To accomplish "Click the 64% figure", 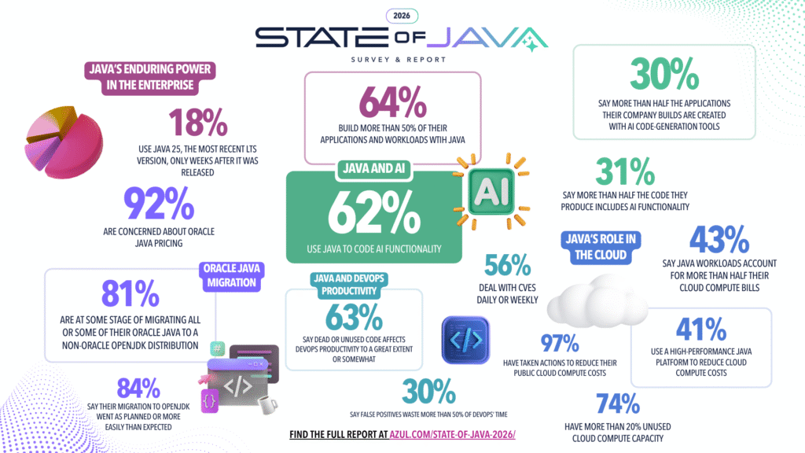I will [x=392, y=101].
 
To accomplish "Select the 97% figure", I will [x=559, y=344].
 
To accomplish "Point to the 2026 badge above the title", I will [x=402, y=15].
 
